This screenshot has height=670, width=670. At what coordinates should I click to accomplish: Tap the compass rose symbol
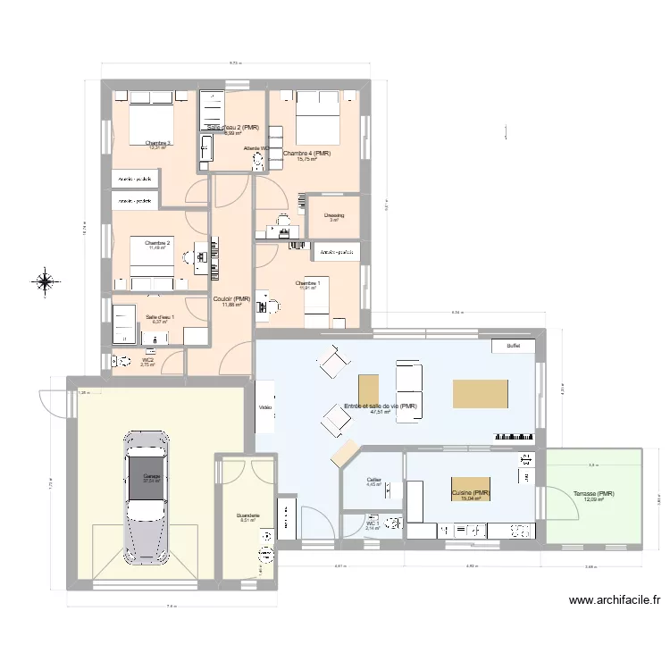(x=44, y=283)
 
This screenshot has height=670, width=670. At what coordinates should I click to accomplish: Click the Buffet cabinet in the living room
(x=513, y=347)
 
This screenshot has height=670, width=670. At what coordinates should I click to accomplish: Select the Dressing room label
(x=334, y=215)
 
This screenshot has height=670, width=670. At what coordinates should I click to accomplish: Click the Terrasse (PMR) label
(x=593, y=494)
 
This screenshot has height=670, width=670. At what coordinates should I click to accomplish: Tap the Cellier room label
(x=373, y=480)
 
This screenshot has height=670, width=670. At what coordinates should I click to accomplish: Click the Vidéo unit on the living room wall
(x=265, y=407)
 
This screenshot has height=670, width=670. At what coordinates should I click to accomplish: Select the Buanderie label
(x=247, y=515)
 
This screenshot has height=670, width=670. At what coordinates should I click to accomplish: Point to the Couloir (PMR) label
(x=230, y=298)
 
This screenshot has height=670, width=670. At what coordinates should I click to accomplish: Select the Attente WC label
(x=253, y=148)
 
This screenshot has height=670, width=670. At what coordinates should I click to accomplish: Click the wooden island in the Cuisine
(x=470, y=490)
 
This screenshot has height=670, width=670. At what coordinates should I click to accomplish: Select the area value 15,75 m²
(x=307, y=160)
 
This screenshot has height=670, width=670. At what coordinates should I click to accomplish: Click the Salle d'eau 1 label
(x=160, y=317)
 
